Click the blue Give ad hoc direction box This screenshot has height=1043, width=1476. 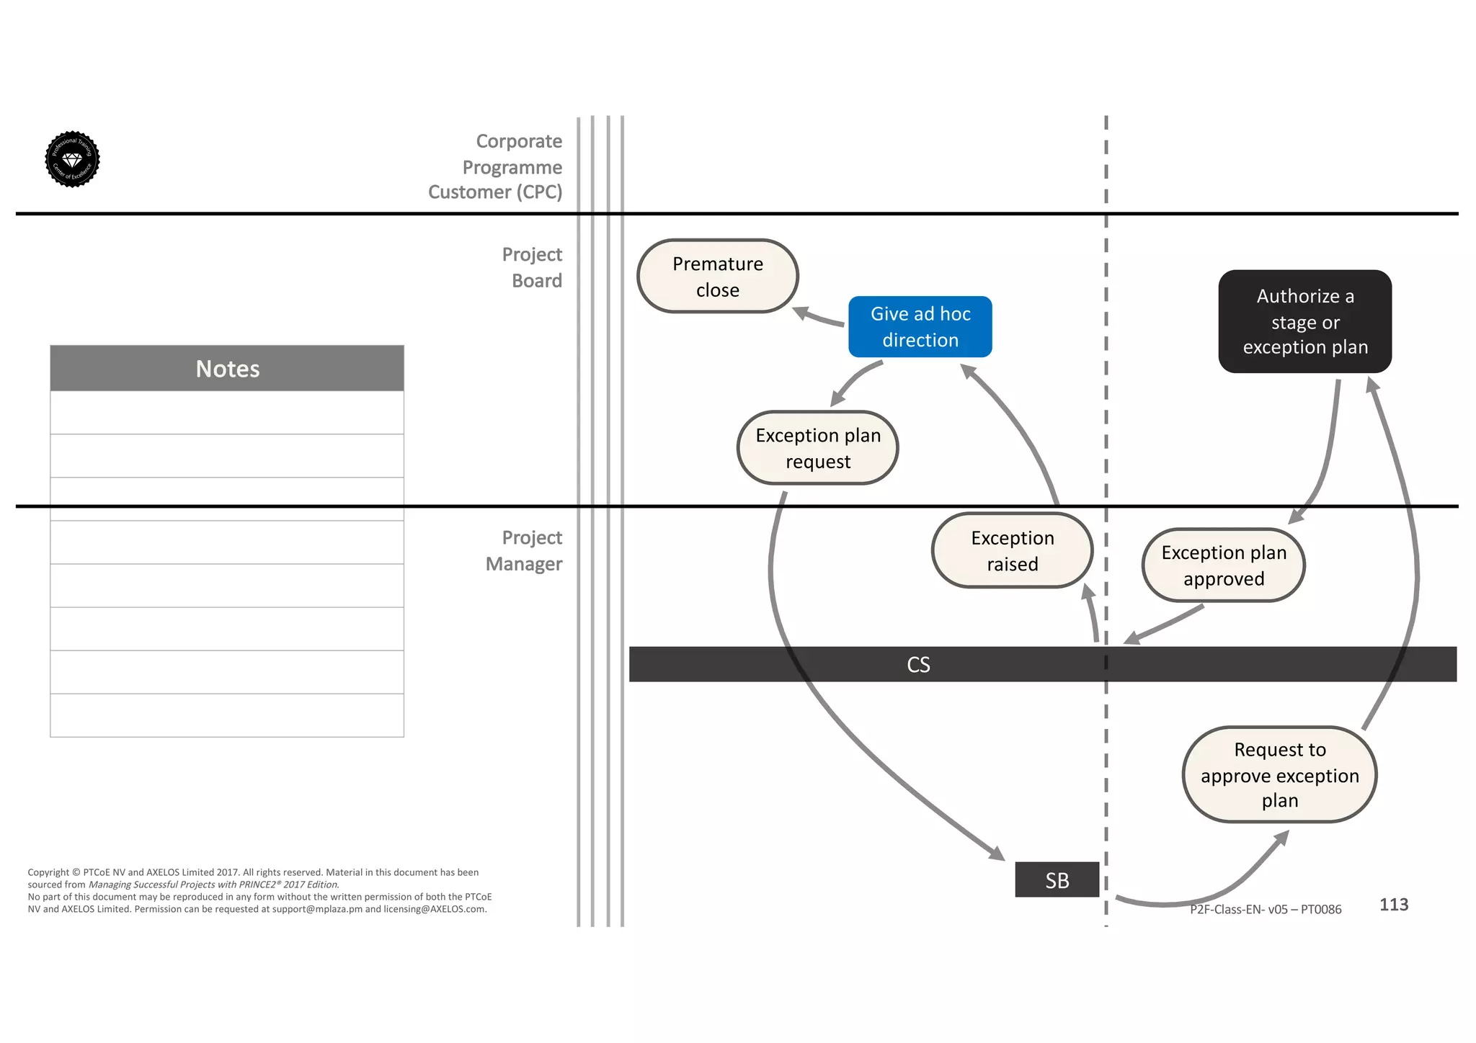point(920,326)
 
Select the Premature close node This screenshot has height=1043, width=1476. point(717,276)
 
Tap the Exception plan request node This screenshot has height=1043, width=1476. point(817,447)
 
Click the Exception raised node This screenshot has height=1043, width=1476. point(1012,550)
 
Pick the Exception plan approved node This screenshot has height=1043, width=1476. point(1223,565)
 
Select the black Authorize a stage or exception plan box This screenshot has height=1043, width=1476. point(1304,321)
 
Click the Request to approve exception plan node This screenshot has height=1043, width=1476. point(1279,774)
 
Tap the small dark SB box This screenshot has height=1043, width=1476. point(1057,879)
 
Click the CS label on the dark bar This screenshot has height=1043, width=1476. point(918,664)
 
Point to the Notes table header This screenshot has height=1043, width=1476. point(227,368)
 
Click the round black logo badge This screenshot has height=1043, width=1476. point(72,159)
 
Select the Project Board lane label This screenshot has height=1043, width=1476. point(532,267)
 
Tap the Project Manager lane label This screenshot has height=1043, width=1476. point(524,550)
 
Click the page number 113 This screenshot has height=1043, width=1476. point(1393,904)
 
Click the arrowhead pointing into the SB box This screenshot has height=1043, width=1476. point(997,854)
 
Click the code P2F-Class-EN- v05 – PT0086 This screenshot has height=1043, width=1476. point(1265,909)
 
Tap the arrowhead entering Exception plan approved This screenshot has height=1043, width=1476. point(1297,516)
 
